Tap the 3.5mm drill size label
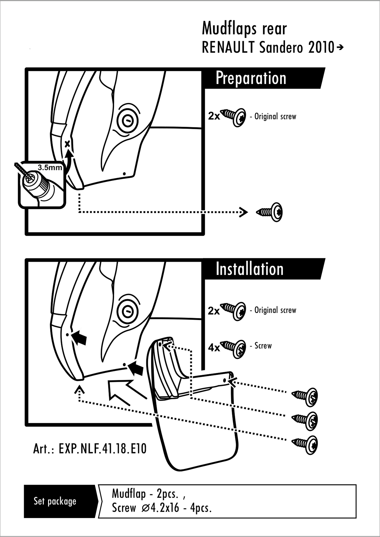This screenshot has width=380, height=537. pos(50,168)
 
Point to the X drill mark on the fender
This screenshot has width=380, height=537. pos(67,144)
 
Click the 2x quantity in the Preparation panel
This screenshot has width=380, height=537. pos(214,116)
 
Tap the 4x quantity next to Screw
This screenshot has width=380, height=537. pos(214,348)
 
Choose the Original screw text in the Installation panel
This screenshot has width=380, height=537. pos(275,310)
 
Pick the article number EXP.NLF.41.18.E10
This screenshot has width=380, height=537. pos(90,449)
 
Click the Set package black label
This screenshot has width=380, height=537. pos(55,501)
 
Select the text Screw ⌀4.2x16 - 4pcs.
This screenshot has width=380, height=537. pos(161,508)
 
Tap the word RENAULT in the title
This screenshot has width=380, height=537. pos(228,48)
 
